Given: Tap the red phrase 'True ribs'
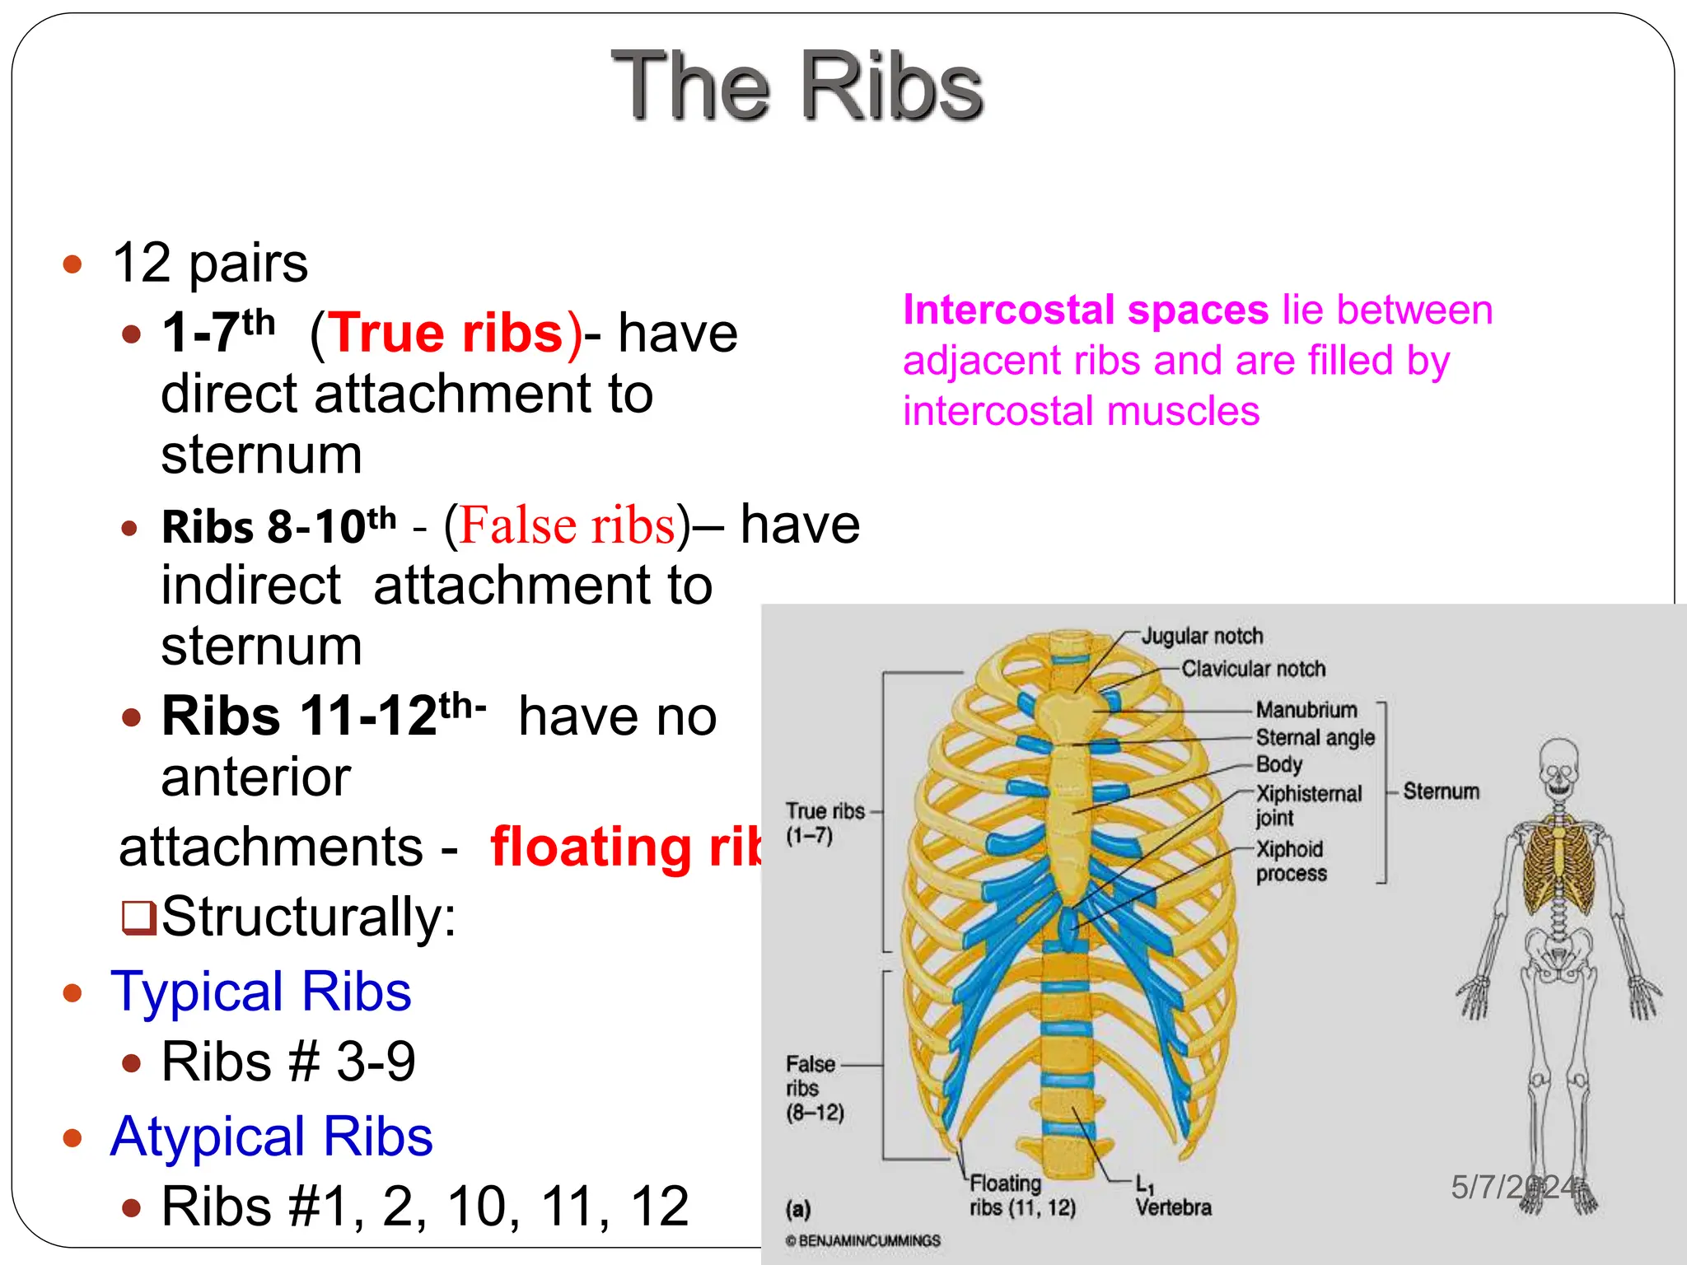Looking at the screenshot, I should pyautogui.click(x=446, y=334).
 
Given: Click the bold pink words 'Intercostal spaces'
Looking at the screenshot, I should pyautogui.click(x=1085, y=310).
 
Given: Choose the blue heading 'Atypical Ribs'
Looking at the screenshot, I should pyautogui.click(x=271, y=1137).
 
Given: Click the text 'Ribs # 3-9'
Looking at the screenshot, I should pyautogui.click(x=288, y=1062).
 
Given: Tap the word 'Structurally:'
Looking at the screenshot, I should pyautogui.click(x=308, y=917).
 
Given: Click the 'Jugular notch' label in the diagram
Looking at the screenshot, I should pyautogui.click(x=1201, y=636).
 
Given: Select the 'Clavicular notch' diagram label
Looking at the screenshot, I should pyautogui.click(x=1253, y=669).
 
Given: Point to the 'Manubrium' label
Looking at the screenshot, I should pyautogui.click(x=1306, y=710).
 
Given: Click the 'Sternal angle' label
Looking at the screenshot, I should pyautogui.click(x=1315, y=737).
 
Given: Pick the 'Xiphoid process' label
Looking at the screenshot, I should pyautogui.click(x=1291, y=861).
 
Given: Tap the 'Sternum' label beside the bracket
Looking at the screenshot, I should pyautogui.click(x=1441, y=791).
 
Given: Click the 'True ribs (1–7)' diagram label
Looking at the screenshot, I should pyautogui.click(x=824, y=823).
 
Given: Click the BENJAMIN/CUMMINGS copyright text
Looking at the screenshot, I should pyautogui.click(x=862, y=1240).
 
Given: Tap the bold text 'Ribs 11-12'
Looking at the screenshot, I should pyautogui.click(x=299, y=716).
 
